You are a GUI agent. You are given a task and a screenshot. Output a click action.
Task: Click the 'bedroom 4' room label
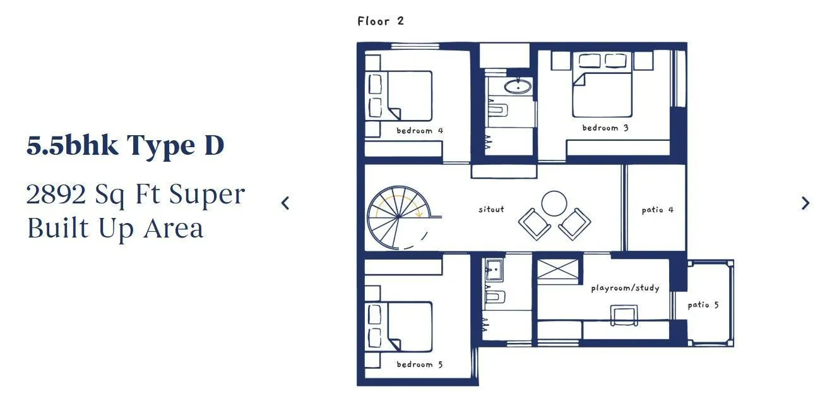(x=419, y=131)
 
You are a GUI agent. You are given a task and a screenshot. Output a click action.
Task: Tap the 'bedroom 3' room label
(x=605, y=128)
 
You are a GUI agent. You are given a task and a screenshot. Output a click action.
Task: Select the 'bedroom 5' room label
(x=419, y=364)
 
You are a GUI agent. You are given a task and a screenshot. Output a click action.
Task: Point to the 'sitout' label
(x=491, y=208)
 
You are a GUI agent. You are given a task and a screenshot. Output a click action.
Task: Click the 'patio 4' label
(x=657, y=210)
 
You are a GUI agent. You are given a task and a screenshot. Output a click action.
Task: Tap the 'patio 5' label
(x=703, y=304)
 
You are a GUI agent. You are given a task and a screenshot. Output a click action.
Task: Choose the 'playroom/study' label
(x=625, y=288)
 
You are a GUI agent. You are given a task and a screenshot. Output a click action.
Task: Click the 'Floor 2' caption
(x=380, y=21)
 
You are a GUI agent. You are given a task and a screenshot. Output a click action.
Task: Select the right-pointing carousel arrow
(x=805, y=203)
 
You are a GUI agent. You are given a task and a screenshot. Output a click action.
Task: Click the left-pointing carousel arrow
(x=285, y=203)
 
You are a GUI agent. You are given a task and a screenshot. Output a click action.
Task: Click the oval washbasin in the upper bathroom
(x=518, y=87)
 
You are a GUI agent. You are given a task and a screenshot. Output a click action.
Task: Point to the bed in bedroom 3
(x=602, y=92)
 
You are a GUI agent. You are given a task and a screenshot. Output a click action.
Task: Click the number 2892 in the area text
(x=56, y=195)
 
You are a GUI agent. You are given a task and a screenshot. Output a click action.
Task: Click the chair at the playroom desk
(x=624, y=315)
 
